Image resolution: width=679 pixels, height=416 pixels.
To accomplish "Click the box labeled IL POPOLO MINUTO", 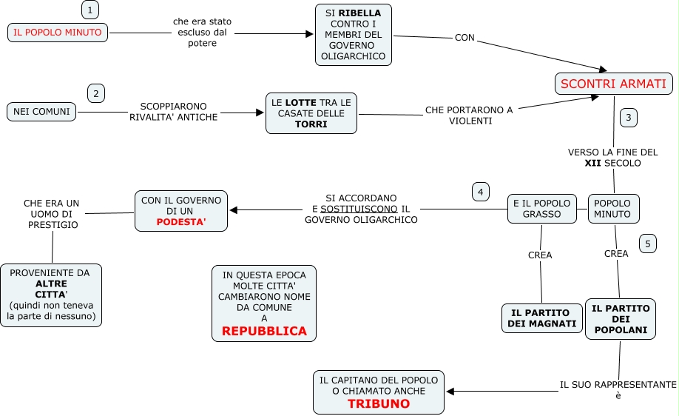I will pyautogui.click(x=58, y=33).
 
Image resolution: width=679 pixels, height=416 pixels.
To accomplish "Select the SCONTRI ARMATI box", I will pyautogui.click(x=613, y=84).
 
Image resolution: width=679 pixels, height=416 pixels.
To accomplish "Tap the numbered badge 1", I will pyautogui.click(x=89, y=10).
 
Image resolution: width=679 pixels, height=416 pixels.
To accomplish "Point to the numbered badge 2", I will pyautogui.click(x=96, y=93).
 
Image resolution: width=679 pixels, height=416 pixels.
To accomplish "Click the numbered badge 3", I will pyautogui.click(x=628, y=117).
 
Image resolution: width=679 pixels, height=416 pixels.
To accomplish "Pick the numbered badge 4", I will pyautogui.click(x=481, y=192).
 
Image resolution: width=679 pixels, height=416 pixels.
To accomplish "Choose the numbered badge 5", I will pyautogui.click(x=648, y=244).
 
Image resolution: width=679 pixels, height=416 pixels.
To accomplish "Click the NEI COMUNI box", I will pyautogui.click(x=41, y=112).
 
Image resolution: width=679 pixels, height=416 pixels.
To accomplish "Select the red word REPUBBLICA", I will pyautogui.click(x=264, y=331).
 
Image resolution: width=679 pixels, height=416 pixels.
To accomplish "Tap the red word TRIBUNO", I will pyautogui.click(x=379, y=404).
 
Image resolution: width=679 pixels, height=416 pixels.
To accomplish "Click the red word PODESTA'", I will pyautogui.click(x=181, y=222).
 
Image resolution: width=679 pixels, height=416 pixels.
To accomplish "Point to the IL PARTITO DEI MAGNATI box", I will pyautogui.click(x=542, y=318).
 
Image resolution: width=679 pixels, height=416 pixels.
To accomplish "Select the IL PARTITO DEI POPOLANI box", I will pyautogui.click(x=620, y=319).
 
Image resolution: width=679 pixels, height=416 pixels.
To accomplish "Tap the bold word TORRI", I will pyautogui.click(x=311, y=124).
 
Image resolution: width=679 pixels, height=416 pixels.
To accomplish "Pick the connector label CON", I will pyautogui.click(x=465, y=37).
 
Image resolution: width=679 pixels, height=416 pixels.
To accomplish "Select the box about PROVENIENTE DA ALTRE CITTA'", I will pyautogui.click(x=51, y=295).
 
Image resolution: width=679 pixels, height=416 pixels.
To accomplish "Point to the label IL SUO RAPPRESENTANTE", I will pyautogui.click(x=618, y=385).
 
